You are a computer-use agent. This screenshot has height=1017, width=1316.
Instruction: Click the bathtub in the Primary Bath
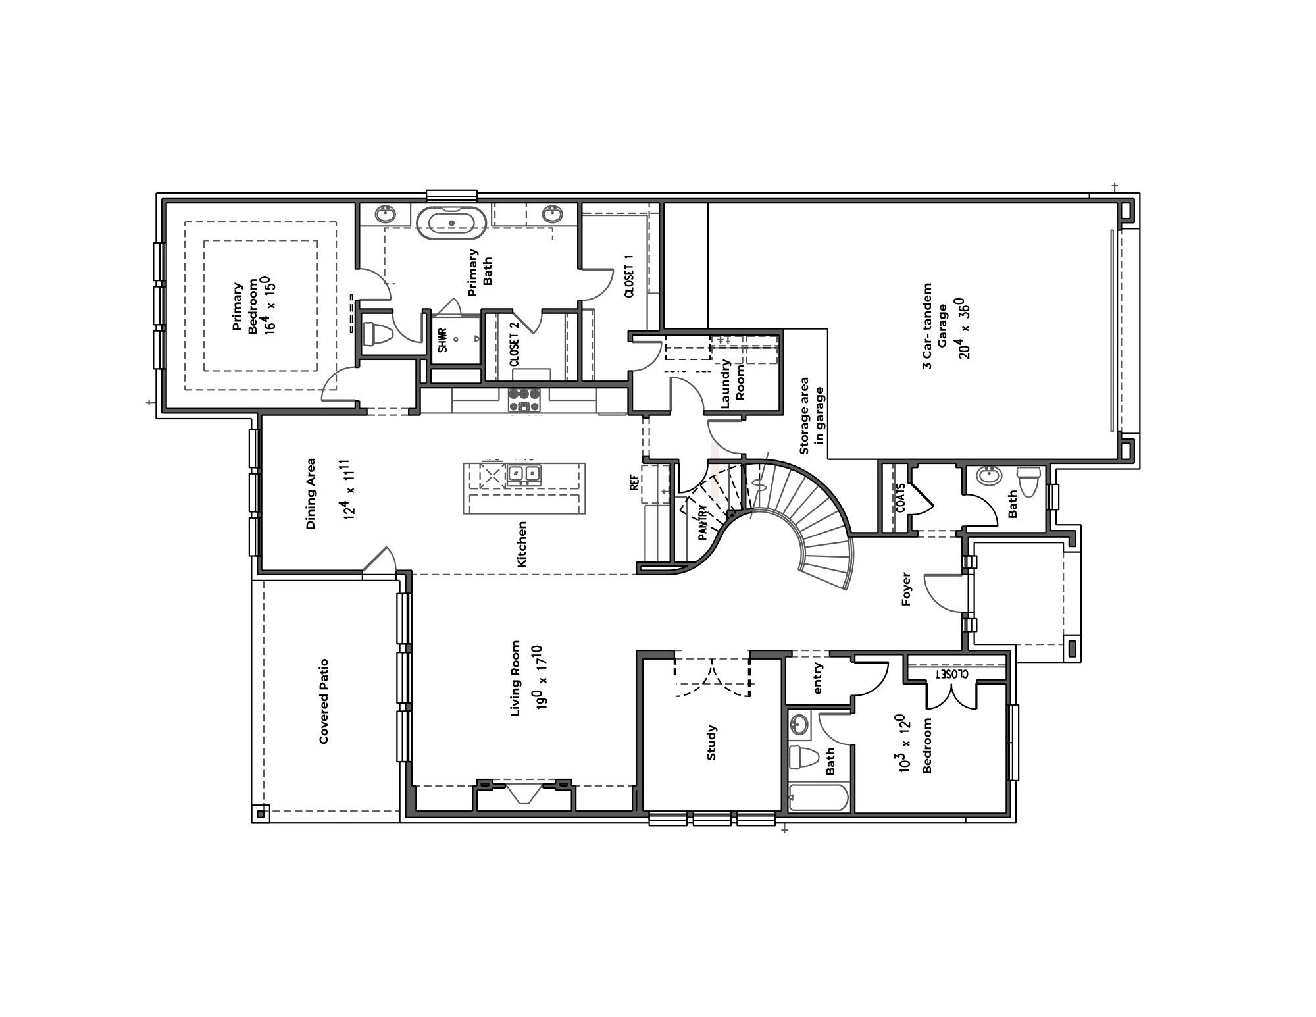click(x=451, y=222)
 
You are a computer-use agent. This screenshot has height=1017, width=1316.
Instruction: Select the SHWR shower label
click(x=443, y=340)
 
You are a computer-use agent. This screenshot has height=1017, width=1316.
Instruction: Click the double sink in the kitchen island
click(x=524, y=473)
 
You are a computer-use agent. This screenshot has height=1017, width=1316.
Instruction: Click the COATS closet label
click(x=901, y=499)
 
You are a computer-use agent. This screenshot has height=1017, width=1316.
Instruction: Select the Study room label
click(x=711, y=743)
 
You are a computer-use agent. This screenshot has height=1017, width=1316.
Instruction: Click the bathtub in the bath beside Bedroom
click(x=819, y=798)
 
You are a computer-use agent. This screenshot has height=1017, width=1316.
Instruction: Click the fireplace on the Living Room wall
click(x=524, y=793)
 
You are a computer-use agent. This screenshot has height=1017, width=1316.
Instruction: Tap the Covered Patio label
click(x=324, y=701)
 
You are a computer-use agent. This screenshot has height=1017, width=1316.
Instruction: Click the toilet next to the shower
click(x=377, y=334)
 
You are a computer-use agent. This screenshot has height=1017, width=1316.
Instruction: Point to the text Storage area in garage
click(x=812, y=416)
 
